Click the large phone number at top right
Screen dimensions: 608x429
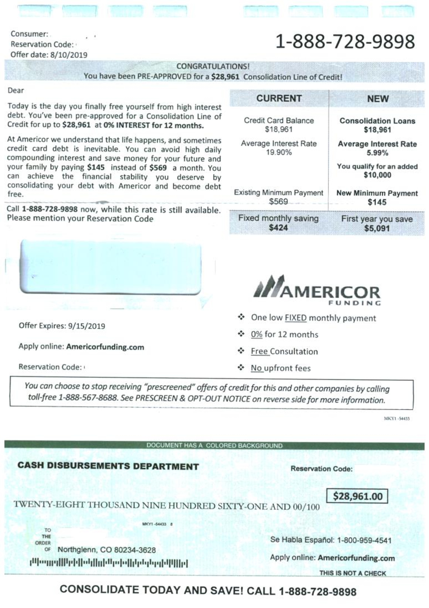coord(345,42)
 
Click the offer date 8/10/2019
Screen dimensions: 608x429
coord(69,55)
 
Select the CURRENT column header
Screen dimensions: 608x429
coord(279,99)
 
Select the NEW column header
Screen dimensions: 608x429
coord(378,99)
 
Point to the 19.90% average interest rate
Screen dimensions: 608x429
coord(279,153)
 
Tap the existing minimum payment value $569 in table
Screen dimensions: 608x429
coord(278,202)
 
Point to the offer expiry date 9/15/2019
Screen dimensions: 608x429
coord(86,326)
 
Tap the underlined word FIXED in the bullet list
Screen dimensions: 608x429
coord(295,318)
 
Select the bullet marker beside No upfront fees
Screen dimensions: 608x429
coord(241,368)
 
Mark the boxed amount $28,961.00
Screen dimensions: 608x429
coord(357,496)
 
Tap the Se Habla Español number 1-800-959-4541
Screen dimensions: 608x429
coord(364,540)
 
